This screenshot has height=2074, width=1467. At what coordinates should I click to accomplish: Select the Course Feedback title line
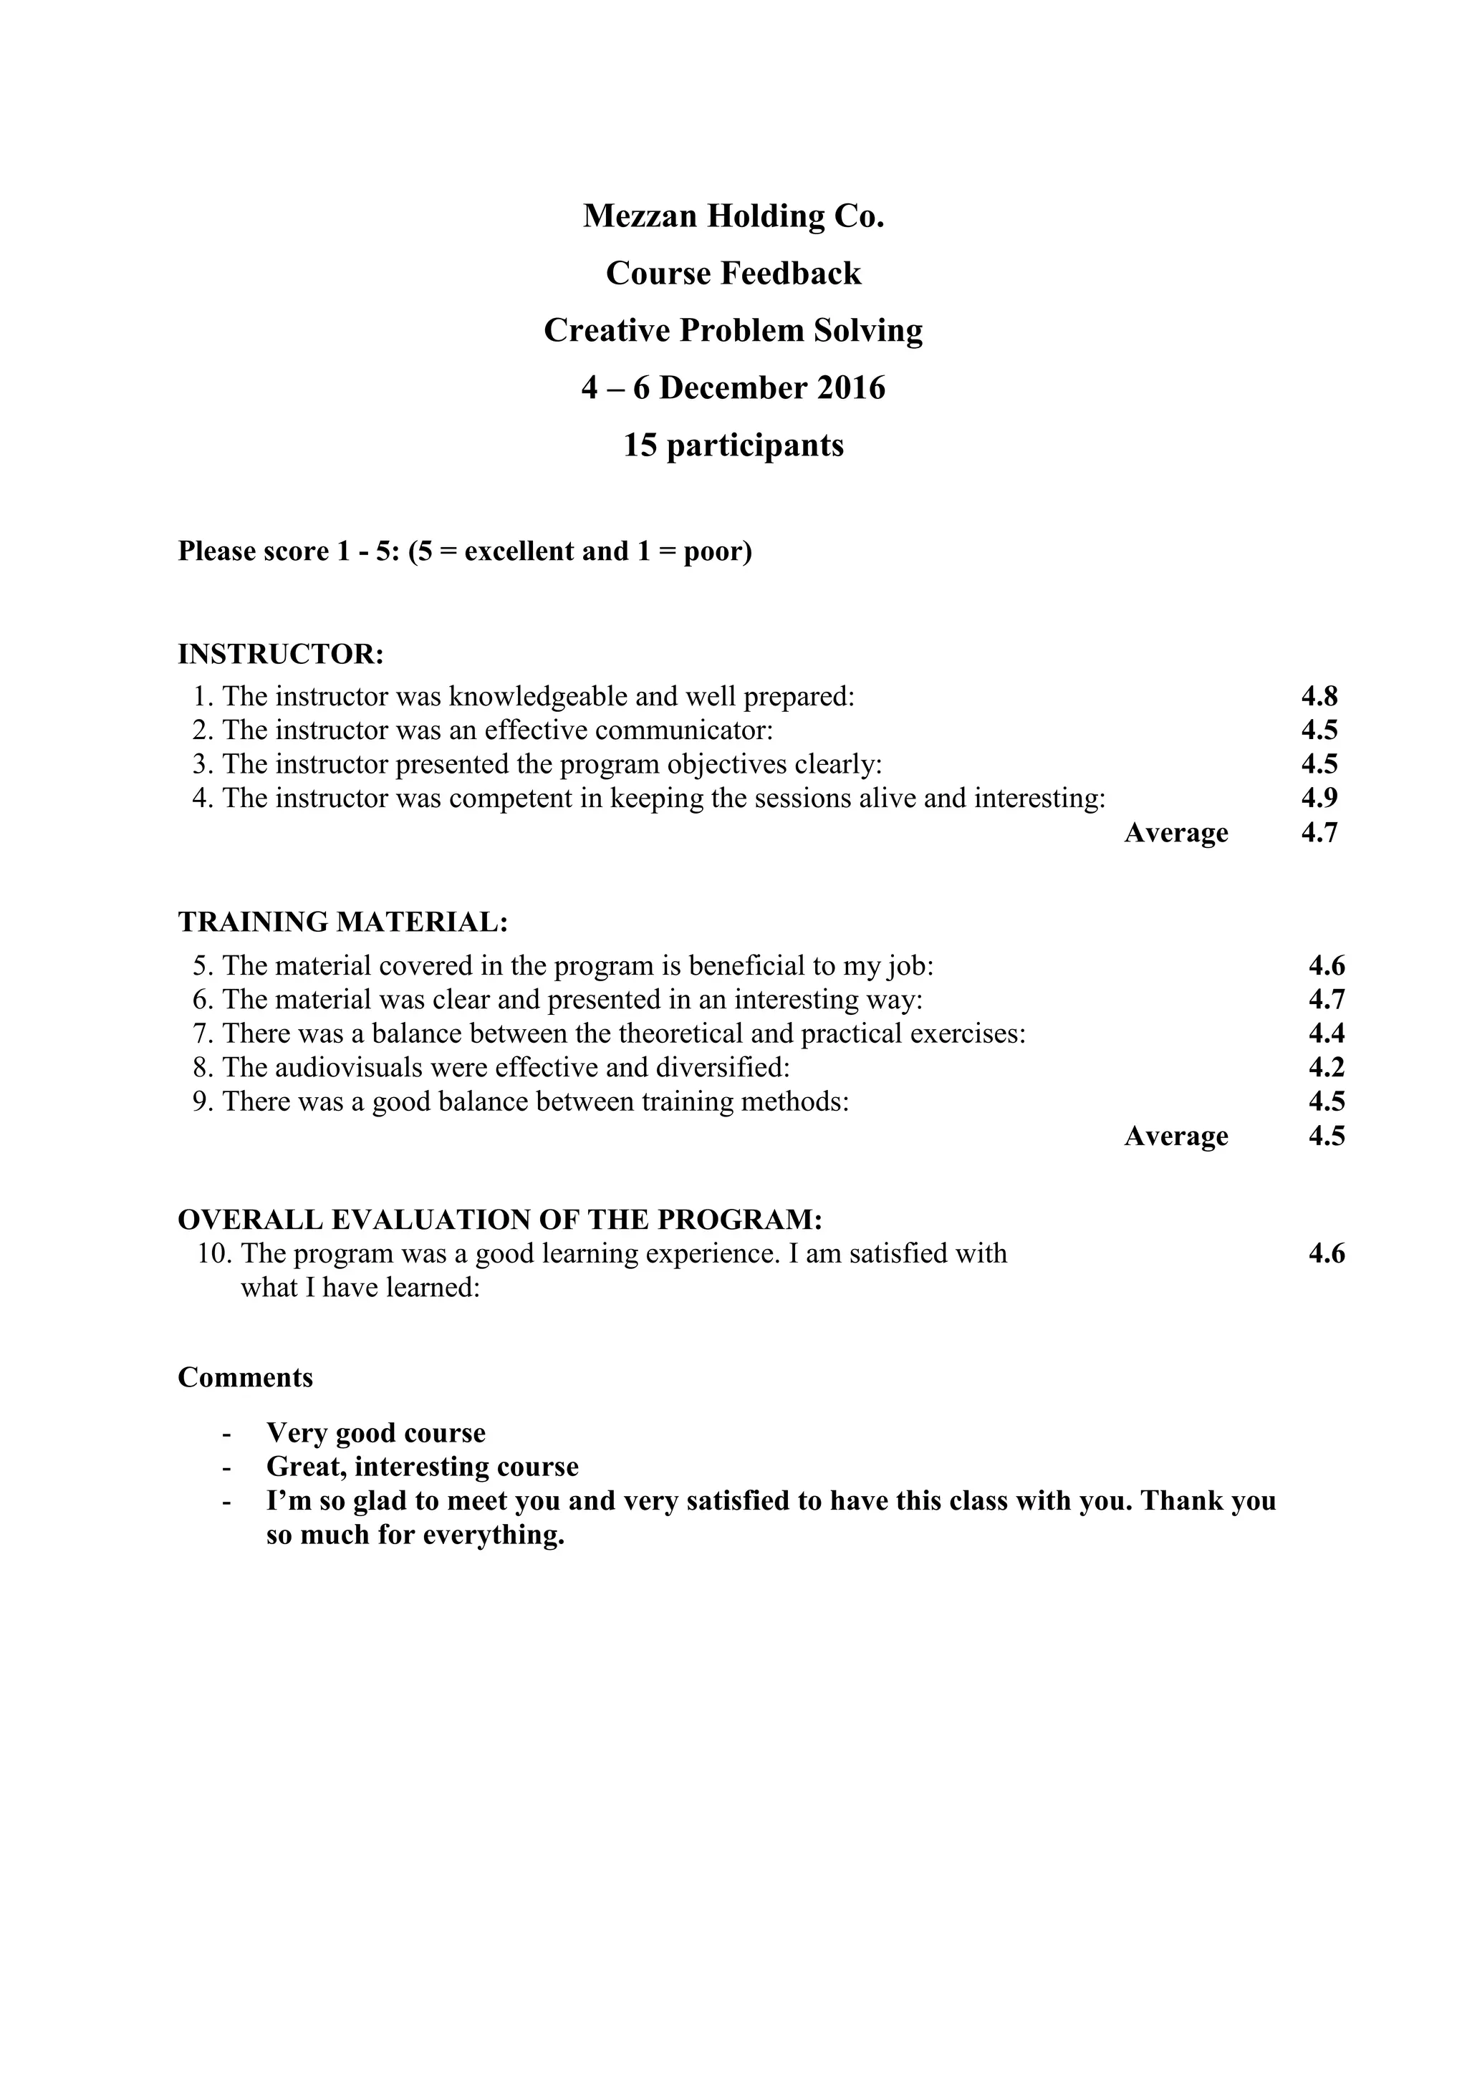[x=733, y=273]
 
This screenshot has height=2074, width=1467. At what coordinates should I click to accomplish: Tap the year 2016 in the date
[x=851, y=387]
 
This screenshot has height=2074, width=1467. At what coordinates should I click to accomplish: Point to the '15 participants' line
[x=733, y=445]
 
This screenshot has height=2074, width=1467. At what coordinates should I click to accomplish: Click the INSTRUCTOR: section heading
[x=281, y=654]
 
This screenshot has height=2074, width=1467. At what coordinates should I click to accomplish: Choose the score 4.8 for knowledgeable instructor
[x=1319, y=695]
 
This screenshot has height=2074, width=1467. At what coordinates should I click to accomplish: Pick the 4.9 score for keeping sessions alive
[x=1319, y=798]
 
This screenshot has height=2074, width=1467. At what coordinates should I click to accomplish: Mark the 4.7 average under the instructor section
[x=1319, y=832]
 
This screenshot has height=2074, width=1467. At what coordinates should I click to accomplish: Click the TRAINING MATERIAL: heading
[x=343, y=922]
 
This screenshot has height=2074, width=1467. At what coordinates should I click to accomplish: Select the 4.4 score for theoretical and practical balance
[x=1326, y=1033]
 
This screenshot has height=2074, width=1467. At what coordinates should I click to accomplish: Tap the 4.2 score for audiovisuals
[x=1326, y=1067]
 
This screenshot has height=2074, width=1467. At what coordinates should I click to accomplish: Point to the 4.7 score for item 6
[x=1326, y=999]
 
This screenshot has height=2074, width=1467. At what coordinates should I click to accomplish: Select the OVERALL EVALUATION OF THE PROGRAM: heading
[x=499, y=1220]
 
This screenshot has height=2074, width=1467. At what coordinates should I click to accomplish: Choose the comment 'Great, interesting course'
[x=422, y=1466]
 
